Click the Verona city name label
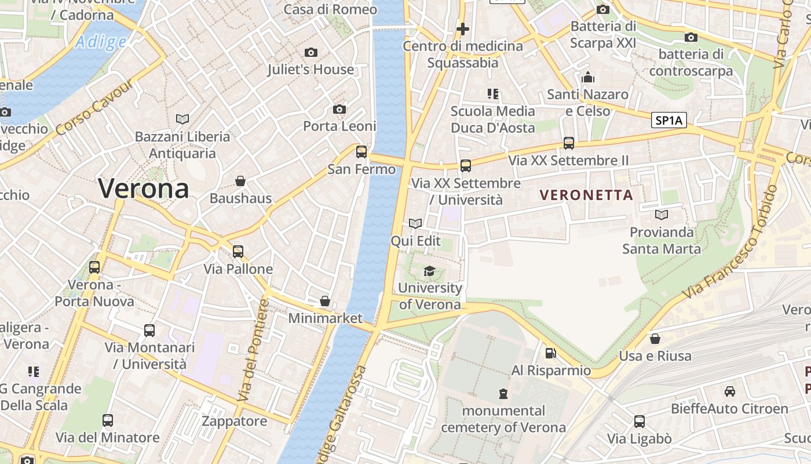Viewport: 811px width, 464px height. click(143, 188)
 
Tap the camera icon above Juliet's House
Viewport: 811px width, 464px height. click(311, 53)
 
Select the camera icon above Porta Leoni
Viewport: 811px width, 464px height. click(339, 110)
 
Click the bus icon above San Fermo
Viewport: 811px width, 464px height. click(361, 152)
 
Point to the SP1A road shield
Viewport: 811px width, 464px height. click(669, 121)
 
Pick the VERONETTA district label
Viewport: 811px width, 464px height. click(586, 195)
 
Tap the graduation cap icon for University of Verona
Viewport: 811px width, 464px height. click(429, 271)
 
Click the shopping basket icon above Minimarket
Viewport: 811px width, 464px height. click(325, 302)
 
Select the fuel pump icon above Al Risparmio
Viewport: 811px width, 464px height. click(550, 353)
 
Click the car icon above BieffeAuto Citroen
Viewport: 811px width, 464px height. click(730, 391)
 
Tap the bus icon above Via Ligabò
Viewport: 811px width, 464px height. click(640, 422)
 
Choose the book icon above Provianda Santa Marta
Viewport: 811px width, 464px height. click(661, 215)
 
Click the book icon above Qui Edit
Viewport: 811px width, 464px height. click(415, 224)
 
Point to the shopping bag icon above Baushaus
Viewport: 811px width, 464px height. click(240, 182)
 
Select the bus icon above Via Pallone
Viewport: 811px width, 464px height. click(238, 252)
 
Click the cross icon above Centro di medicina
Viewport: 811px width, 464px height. click(462, 28)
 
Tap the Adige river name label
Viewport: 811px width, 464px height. click(101, 42)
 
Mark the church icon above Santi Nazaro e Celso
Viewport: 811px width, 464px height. click(588, 77)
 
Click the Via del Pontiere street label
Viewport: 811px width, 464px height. click(253, 351)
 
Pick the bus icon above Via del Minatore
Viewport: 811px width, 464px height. click(108, 420)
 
